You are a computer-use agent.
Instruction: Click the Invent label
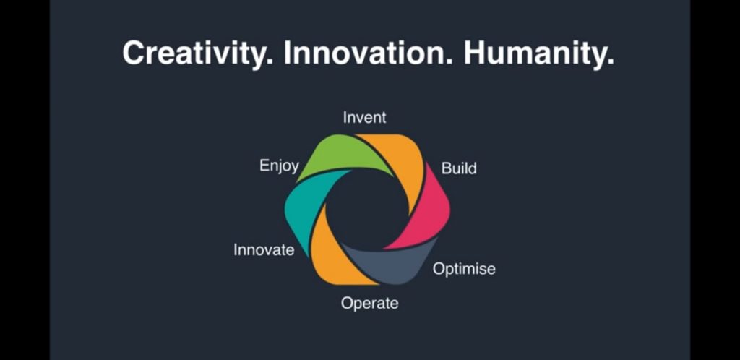pyautogui.click(x=364, y=117)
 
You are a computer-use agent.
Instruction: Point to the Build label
pyautogui.click(x=459, y=168)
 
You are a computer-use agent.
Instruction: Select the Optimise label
pyautogui.click(x=464, y=269)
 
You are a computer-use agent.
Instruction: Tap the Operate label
pyautogui.click(x=369, y=303)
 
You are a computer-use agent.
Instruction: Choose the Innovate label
pyautogui.click(x=264, y=249)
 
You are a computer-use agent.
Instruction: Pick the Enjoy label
pyautogui.click(x=280, y=166)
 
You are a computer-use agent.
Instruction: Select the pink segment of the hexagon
pyautogui.click(x=425, y=213)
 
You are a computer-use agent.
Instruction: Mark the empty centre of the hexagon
pyautogui.click(x=366, y=210)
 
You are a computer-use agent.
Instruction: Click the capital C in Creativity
pyautogui.click(x=134, y=53)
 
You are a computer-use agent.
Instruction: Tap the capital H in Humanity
pyautogui.click(x=475, y=53)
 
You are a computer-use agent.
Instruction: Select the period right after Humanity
pyautogui.click(x=610, y=63)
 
